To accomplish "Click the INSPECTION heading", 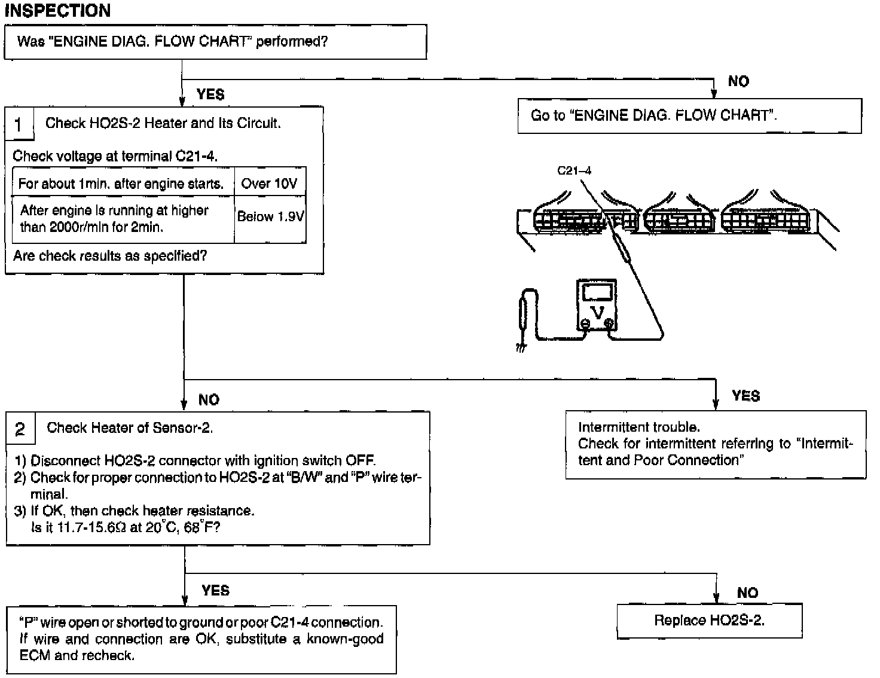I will pos(57,10).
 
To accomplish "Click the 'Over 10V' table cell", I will pos(269,184).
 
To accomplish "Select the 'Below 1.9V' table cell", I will pos(270,216).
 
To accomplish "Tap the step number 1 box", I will pos(19,124).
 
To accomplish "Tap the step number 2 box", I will pos(20,429).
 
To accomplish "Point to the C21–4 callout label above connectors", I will pos(574,170).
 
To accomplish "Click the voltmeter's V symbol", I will pos(597,312).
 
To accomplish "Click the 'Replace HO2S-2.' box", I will pos(709,621).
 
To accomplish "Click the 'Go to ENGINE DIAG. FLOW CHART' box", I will pos(689,115).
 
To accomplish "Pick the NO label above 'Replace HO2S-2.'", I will pos(747,593).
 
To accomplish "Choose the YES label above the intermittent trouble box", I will pos(746,396).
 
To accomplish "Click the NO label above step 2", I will pos(209,399).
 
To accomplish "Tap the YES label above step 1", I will pos(210,94).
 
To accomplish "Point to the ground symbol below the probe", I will pos(521,347).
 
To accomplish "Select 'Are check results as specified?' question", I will pos(110,256).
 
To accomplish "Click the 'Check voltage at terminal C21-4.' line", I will pos(115,156).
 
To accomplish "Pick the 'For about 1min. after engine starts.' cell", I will pos(121,184).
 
